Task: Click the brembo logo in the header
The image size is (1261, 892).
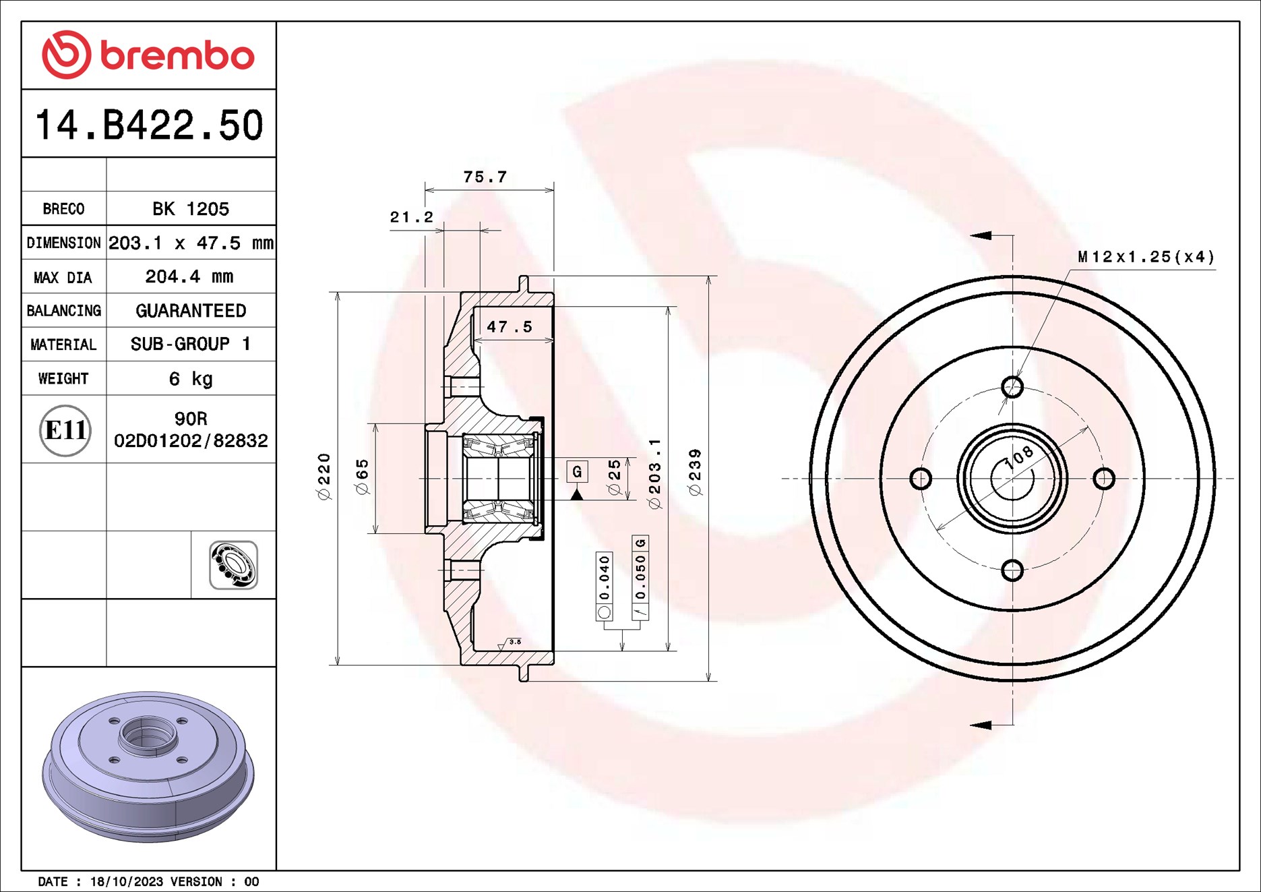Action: tap(148, 55)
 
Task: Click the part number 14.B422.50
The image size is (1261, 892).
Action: tap(148, 125)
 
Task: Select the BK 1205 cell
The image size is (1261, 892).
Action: tap(191, 208)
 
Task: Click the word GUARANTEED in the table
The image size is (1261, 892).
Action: tap(191, 310)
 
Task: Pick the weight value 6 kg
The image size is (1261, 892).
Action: tap(191, 378)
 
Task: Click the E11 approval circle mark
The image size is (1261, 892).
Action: tap(65, 429)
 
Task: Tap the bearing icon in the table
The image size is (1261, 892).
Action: tap(233, 565)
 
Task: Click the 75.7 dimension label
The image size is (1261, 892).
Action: tap(485, 177)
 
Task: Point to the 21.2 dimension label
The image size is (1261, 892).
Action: tap(411, 217)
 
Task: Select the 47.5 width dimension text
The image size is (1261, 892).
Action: tap(510, 327)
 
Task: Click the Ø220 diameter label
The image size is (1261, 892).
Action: tap(324, 476)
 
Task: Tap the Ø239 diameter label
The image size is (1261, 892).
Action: tap(695, 472)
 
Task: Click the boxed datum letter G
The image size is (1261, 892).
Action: tap(577, 471)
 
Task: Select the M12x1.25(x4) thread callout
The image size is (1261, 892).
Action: tap(1145, 257)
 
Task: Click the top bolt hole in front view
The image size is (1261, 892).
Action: tap(1012, 387)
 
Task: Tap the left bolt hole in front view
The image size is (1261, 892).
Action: tap(921, 479)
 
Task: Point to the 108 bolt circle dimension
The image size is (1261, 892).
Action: tap(1018, 457)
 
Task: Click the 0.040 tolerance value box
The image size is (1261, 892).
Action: tap(605, 578)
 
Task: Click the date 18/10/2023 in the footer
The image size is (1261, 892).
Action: tap(127, 881)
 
